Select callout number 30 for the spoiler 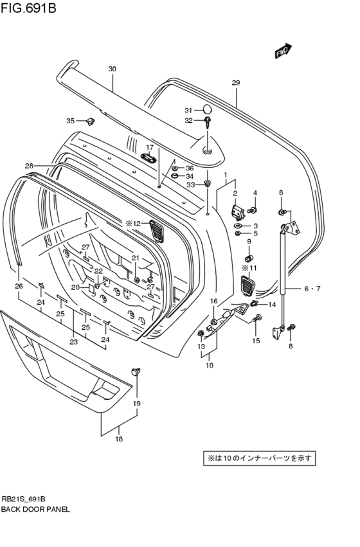[112, 69]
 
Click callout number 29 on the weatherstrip [235, 83]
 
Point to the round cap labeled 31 [207, 109]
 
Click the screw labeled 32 [208, 122]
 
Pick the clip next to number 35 [91, 121]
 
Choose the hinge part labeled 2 [237, 211]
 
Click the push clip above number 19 [136, 372]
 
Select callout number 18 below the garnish [119, 439]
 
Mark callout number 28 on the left [29, 166]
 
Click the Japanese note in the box [259, 458]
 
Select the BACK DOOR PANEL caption [35, 508]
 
